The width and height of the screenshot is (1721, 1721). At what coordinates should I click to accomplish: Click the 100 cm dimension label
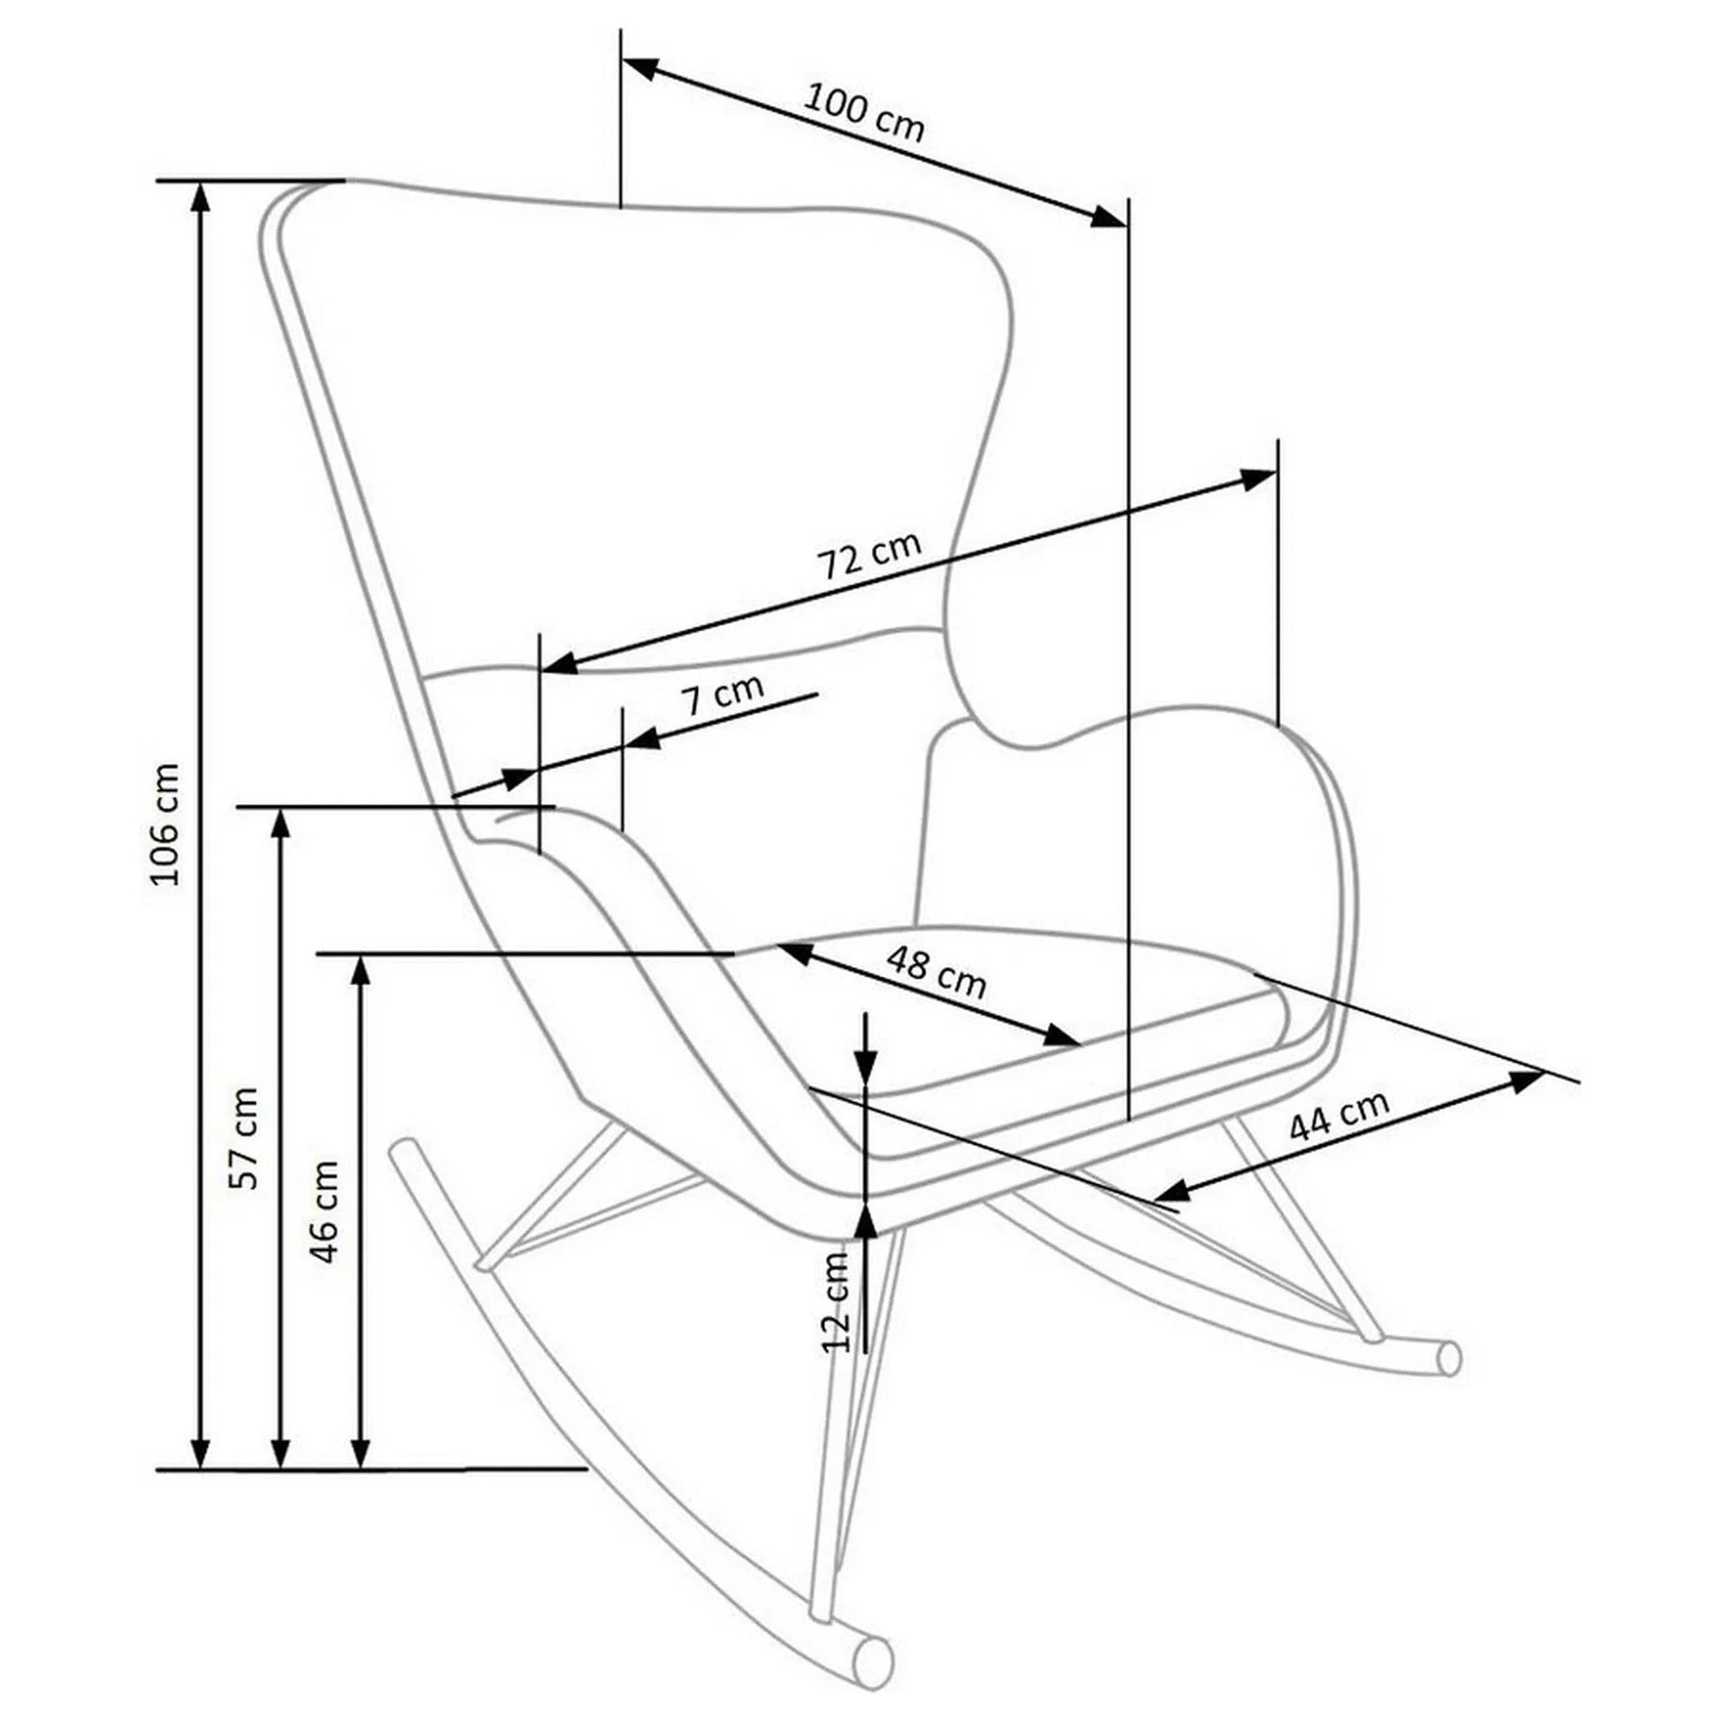click(863, 113)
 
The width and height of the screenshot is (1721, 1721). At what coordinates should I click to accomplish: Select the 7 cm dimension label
click(723, 695)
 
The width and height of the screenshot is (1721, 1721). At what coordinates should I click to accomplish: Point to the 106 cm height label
click(165, 823)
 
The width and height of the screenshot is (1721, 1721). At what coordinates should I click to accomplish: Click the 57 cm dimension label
click(243, 1137)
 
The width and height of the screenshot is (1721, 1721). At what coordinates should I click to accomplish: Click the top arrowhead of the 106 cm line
click(203, 198)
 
